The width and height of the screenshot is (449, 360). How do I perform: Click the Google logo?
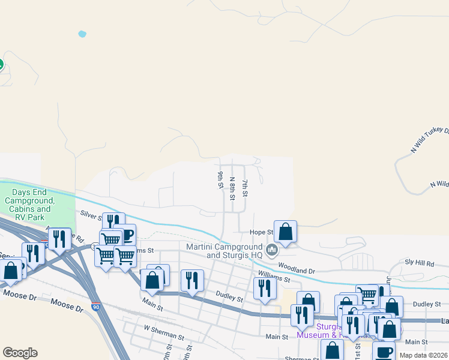click(20, 353)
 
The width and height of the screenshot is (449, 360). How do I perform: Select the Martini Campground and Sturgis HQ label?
click(224, 251)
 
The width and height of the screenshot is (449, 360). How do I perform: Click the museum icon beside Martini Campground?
click(272, 249)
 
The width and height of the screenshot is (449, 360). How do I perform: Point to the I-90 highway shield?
click(96, 307)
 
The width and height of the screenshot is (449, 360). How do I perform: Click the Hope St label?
click(261, 232)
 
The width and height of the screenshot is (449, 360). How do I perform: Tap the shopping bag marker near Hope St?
click(286, 231)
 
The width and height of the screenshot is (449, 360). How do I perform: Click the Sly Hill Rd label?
click(419, 263)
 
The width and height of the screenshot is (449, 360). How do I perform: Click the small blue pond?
click(82, 34)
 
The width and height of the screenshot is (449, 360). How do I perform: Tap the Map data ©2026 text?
click(423, 355)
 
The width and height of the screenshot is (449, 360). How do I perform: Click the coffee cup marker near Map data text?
click(384, 352)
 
